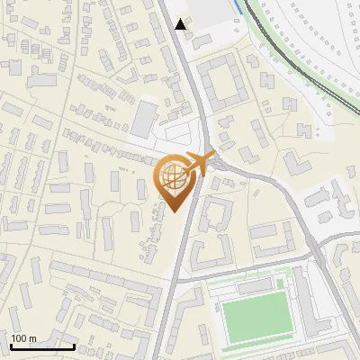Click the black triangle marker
click(x=181, y=24)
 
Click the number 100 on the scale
click(x=20, y=338)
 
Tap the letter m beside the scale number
click(x=32, y=338)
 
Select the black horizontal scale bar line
click(x=42, y=346)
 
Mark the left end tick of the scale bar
click(x=11, y=344)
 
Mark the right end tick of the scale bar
click(x=74, y=344)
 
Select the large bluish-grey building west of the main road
click(x=144, y=114)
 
